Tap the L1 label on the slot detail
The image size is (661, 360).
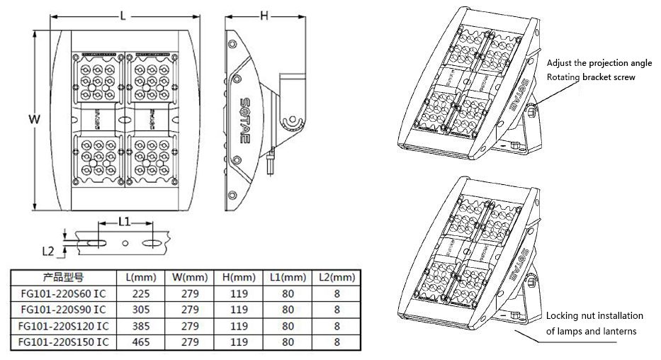[123, 222]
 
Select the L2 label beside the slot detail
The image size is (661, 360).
[48, 250]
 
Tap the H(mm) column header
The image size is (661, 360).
[239, 276]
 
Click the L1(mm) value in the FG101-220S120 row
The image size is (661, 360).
[288, 325]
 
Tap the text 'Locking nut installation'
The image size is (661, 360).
[594, 315]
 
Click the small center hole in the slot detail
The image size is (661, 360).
[125, 242]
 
